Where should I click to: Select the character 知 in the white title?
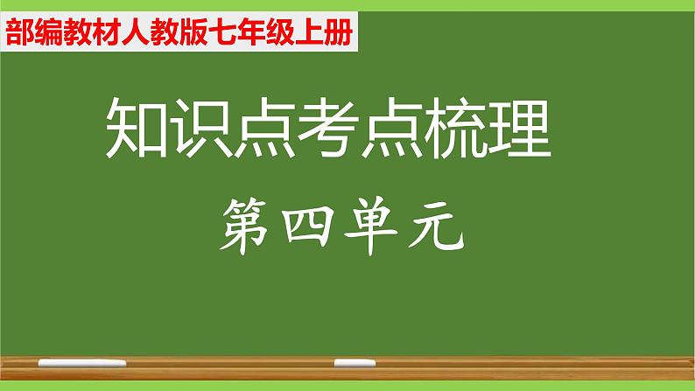coord(137,128)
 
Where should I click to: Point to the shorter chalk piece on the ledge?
coord(348,360)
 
